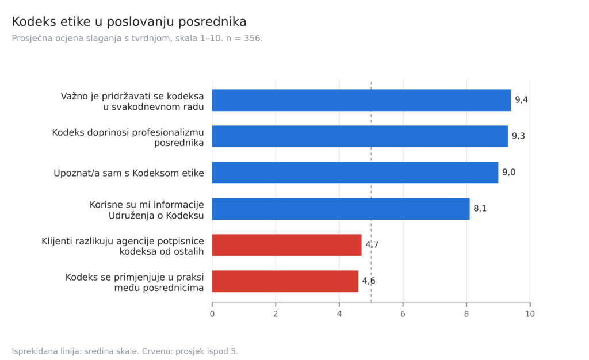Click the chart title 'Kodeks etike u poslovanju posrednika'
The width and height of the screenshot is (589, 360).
129,22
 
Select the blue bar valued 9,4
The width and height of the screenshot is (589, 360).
361,100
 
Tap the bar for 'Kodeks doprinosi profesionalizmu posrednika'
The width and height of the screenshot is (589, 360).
360,136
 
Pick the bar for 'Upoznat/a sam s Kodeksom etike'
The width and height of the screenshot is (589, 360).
355,173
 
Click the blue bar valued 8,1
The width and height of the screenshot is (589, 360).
341,209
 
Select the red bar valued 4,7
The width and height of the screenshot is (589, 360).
286,245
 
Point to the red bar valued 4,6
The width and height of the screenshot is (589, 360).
285,281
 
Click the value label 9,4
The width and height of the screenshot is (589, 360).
521,100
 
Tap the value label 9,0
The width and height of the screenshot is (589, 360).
509,173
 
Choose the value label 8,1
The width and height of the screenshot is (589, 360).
480,208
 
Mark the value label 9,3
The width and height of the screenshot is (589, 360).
518,136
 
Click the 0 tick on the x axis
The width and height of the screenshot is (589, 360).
212,314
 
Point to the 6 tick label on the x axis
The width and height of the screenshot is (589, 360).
403,314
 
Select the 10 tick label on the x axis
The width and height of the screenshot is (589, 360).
530,314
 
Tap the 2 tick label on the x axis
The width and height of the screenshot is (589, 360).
276,314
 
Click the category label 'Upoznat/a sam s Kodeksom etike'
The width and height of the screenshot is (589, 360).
129,173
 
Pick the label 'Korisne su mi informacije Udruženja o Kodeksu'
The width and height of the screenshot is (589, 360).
147,210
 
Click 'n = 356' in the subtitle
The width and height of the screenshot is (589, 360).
244,39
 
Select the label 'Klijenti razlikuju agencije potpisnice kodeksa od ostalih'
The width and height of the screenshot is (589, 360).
123,246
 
